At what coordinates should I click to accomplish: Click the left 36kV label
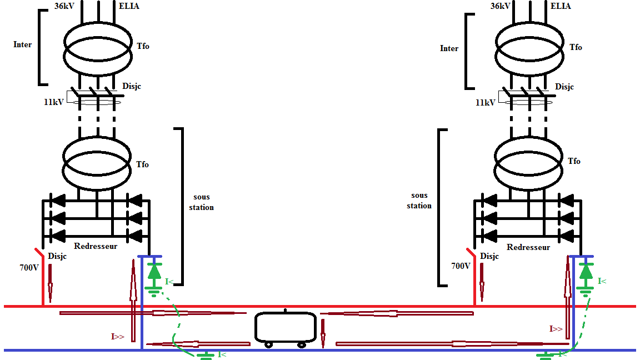(x=66, y=6)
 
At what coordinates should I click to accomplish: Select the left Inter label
(x=23, y=44)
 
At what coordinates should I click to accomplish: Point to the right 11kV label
(x=486, y=103)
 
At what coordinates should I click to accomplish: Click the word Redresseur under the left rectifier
(x=96, y=246)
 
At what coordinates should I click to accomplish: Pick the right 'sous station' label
(x=419, y=201)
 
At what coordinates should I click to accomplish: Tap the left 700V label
(x=28, y=267)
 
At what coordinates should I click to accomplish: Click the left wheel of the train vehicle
(x=269, y=344)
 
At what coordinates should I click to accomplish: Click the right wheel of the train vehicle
(x=302, y=344)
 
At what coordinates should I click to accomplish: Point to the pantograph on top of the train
(x=285, y=311)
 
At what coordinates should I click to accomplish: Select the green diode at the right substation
(x=586, y=271)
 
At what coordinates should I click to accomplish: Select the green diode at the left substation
(x=154, y=271)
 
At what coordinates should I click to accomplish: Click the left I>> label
(x=117, y=336)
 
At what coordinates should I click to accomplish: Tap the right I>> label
(x=556, y=329)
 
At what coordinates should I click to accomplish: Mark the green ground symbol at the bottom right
(x=546, y=355)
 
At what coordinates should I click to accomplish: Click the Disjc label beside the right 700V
(x=489, y=256)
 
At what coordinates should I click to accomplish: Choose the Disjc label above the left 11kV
(x=131, y=87)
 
